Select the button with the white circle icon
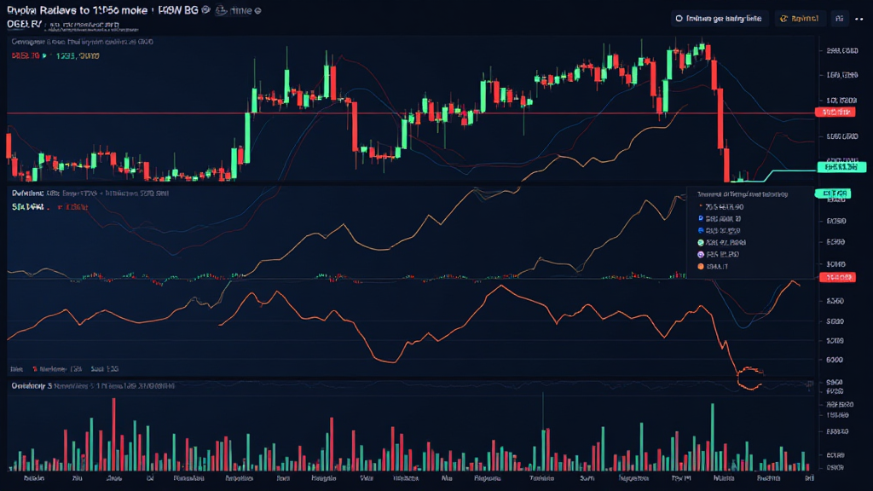point(720,18)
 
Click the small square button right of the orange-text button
point(839,18)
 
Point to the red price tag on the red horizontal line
point(835,113)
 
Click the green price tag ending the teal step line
point(835,167)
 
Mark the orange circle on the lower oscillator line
point(749,378)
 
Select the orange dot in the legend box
point(701,267)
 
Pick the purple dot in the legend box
point(701,255)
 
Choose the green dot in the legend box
point(701,242)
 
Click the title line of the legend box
point(742,194)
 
